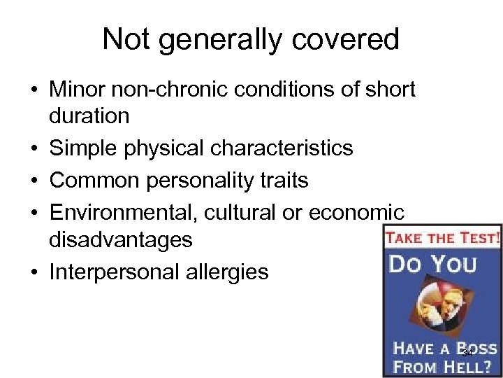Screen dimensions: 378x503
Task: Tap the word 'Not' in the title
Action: tap(126, 39)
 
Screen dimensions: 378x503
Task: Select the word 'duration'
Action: tap(89, 115)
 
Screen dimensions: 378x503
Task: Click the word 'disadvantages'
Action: tap(120, 239)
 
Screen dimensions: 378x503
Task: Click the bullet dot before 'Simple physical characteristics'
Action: tap(34, 149)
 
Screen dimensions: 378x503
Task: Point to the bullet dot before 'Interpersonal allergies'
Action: tap(34, 272)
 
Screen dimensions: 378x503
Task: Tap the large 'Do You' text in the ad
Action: tap(433, 265)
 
